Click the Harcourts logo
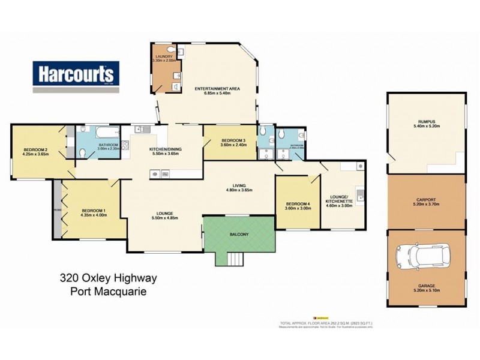pos(76,76)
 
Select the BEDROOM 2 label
pos(35,151)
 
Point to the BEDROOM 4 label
pos(297,206)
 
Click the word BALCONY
pos(238,234)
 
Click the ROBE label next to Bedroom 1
pos(57,211)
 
